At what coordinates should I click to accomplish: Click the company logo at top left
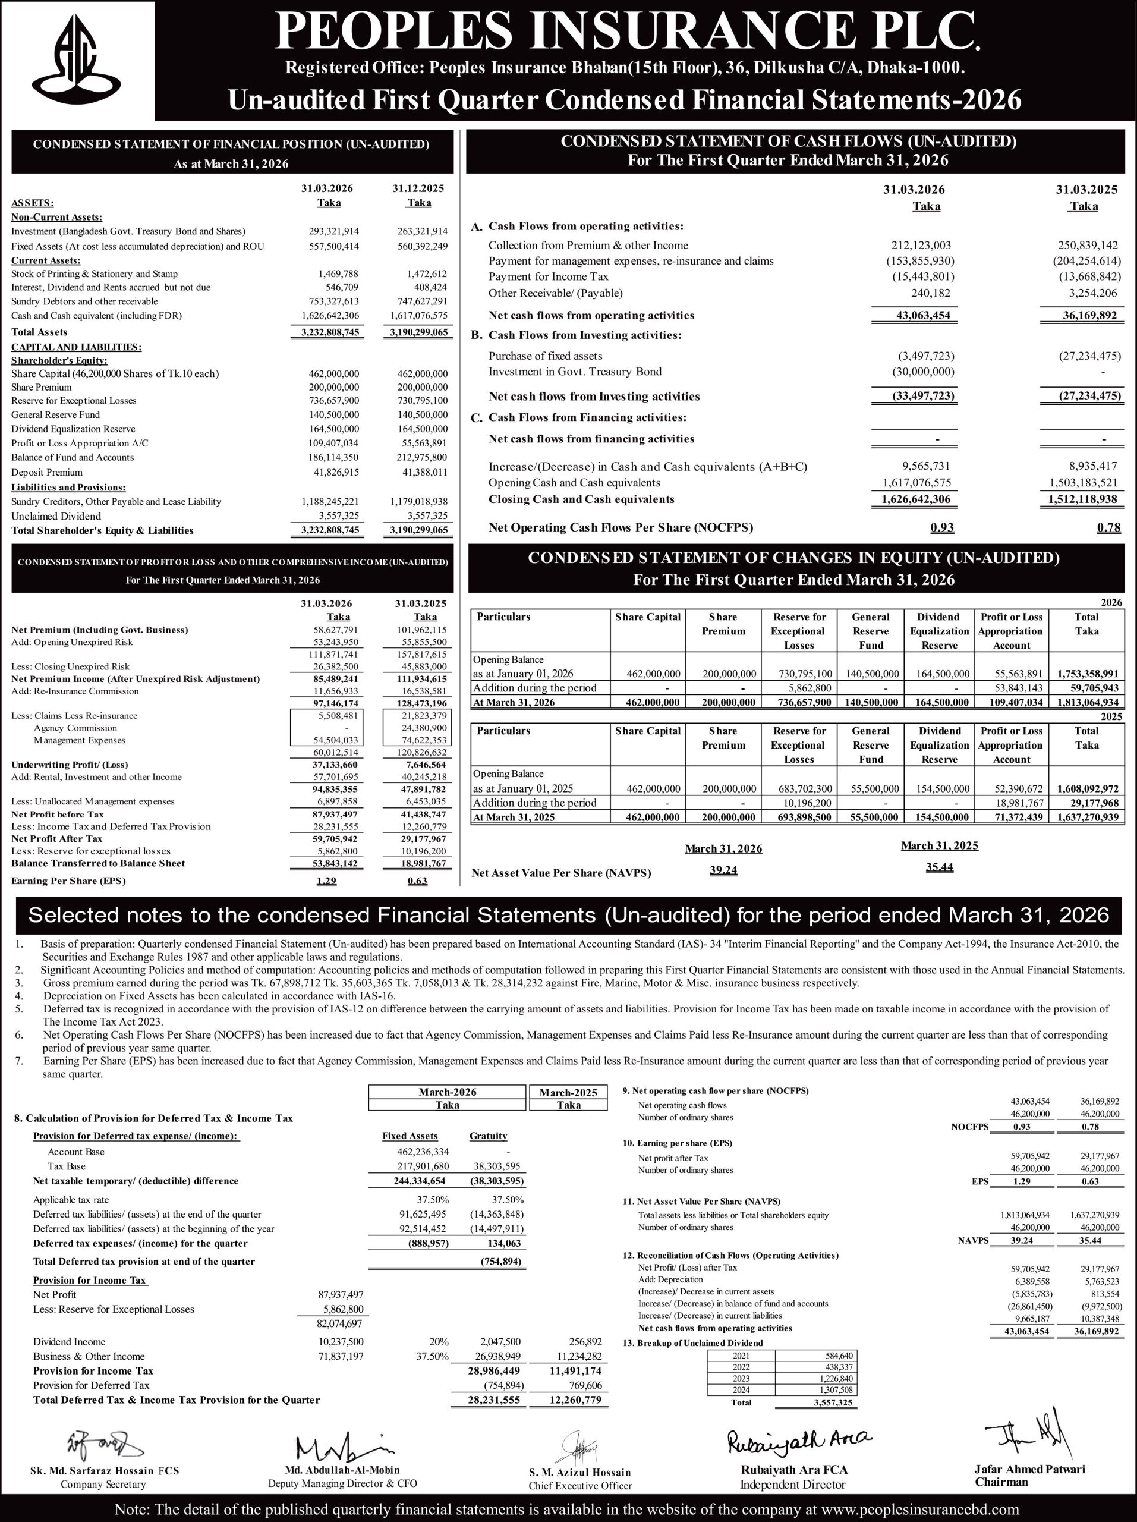[x=78, y=60]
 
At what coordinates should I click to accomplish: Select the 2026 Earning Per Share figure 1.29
[x=327, y=881]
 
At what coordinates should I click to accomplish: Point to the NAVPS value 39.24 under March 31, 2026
[x=723, y=870]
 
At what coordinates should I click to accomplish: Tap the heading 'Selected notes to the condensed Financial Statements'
[x=568, y=915]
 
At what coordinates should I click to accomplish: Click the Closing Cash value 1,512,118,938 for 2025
[x=1081, y=499]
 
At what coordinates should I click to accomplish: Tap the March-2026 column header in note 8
[x=447, y=1093]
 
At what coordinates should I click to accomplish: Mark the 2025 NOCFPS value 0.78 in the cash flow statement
[x=1109, y=528]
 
